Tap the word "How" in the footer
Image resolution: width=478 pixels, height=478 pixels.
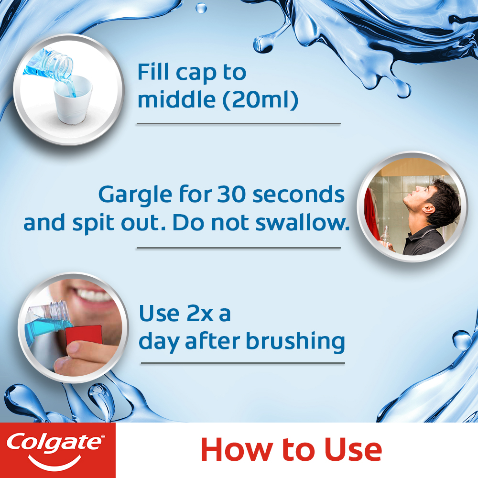pyautogui.click(x=236, y=450)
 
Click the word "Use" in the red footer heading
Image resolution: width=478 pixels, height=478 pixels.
pyautogui.click(x=348, y=450)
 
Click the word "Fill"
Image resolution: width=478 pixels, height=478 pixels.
pyautogui.click(x=153, y=72)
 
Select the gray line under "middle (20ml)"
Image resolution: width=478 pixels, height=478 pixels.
pyautogui.click(x=238, y=123)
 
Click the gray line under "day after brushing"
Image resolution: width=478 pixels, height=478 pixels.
pyautogui.click(x=242, y=363)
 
